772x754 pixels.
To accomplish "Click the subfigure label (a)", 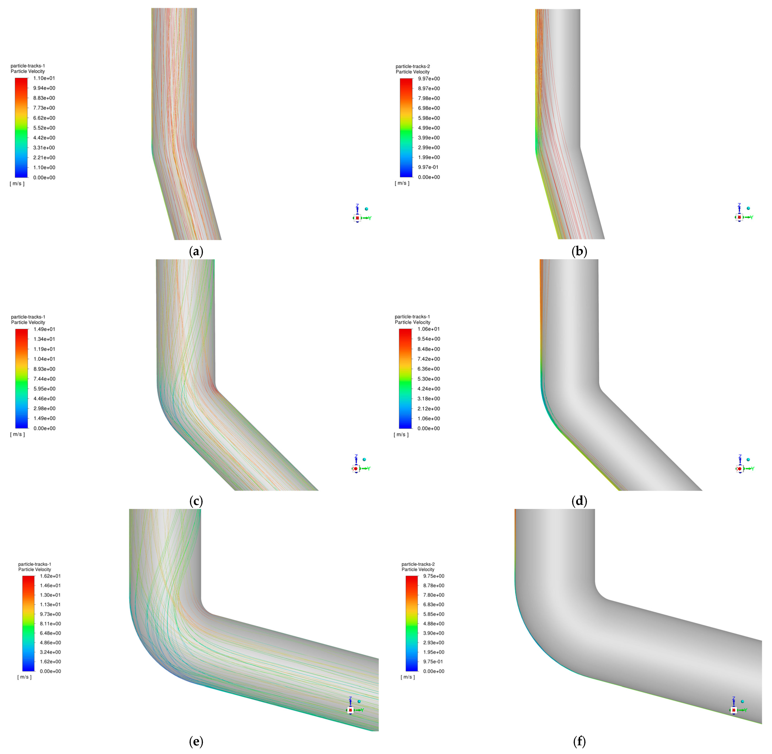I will coord(196,251).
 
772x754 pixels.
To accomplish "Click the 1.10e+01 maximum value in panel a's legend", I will coord(44,78).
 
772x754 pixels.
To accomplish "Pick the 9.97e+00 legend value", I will coord(429,79).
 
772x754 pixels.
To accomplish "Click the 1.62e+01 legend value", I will coord(50,576).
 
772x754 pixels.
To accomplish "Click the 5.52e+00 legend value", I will coord(44,128).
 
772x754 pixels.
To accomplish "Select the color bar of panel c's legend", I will coord(22,379).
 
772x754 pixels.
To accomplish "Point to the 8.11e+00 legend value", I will coord(50,624).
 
